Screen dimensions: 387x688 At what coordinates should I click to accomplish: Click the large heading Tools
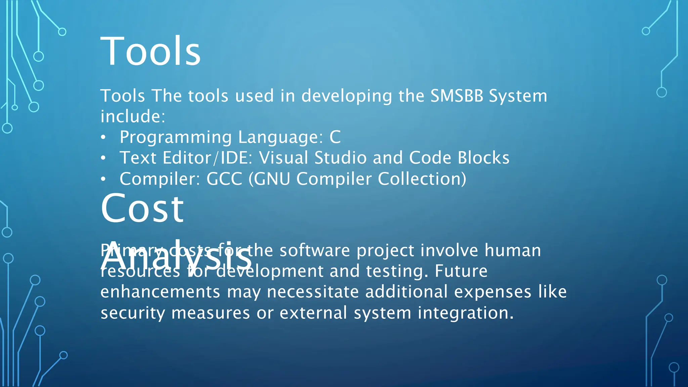pyautogui.click(x=150, y=51)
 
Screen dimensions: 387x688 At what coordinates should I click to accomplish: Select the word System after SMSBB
pyautogui.click(x=518, y=96)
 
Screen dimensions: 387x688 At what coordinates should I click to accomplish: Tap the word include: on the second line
pyautogui.click(x=133, y=117)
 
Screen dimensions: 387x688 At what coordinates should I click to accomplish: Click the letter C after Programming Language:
pyautogui.click(x=335, y=137)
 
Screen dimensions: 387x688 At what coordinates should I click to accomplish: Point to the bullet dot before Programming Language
pyautogui.click(x=103, y=137)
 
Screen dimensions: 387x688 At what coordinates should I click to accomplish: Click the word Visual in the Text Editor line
pyautogui.click(x=284, y=158)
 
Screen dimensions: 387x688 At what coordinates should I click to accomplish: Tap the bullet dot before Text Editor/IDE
pyautogui.click(x=103, y=158)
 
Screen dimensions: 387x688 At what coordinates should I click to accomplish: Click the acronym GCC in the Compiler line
pyautogui.click(x=224, y=179)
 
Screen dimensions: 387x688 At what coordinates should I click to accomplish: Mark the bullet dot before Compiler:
pyautogui.click(x=103, y=179)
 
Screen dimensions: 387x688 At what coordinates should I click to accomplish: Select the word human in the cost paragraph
pyautogui.click(x=513, y=251)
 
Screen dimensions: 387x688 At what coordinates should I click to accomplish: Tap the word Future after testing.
pyautogui.click(x=461, y=271)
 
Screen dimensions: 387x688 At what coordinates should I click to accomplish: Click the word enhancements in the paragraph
pyautogui.click(x=160, y=292)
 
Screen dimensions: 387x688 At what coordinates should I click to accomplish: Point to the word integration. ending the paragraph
pyautogui.click(x=466, y=313)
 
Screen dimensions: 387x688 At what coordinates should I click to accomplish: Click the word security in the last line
pyautogui.click(x=133, y=313)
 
